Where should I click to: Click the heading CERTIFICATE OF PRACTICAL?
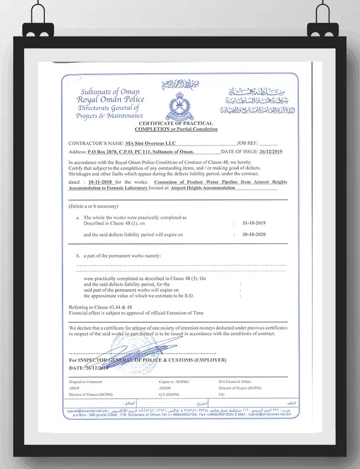pyautogui.click(x=176, y=123)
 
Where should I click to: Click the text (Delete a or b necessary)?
pyautogui.click(x=93, y=206)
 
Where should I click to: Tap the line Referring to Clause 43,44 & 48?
pyautogui.click(x=100, y=307)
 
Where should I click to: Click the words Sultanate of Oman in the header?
pyautogui.click(x=110, y=92)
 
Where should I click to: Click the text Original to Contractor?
pyautogui.click(x=85, y=382)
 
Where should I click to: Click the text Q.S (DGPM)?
pyautogui.click(x=169, y=394)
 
